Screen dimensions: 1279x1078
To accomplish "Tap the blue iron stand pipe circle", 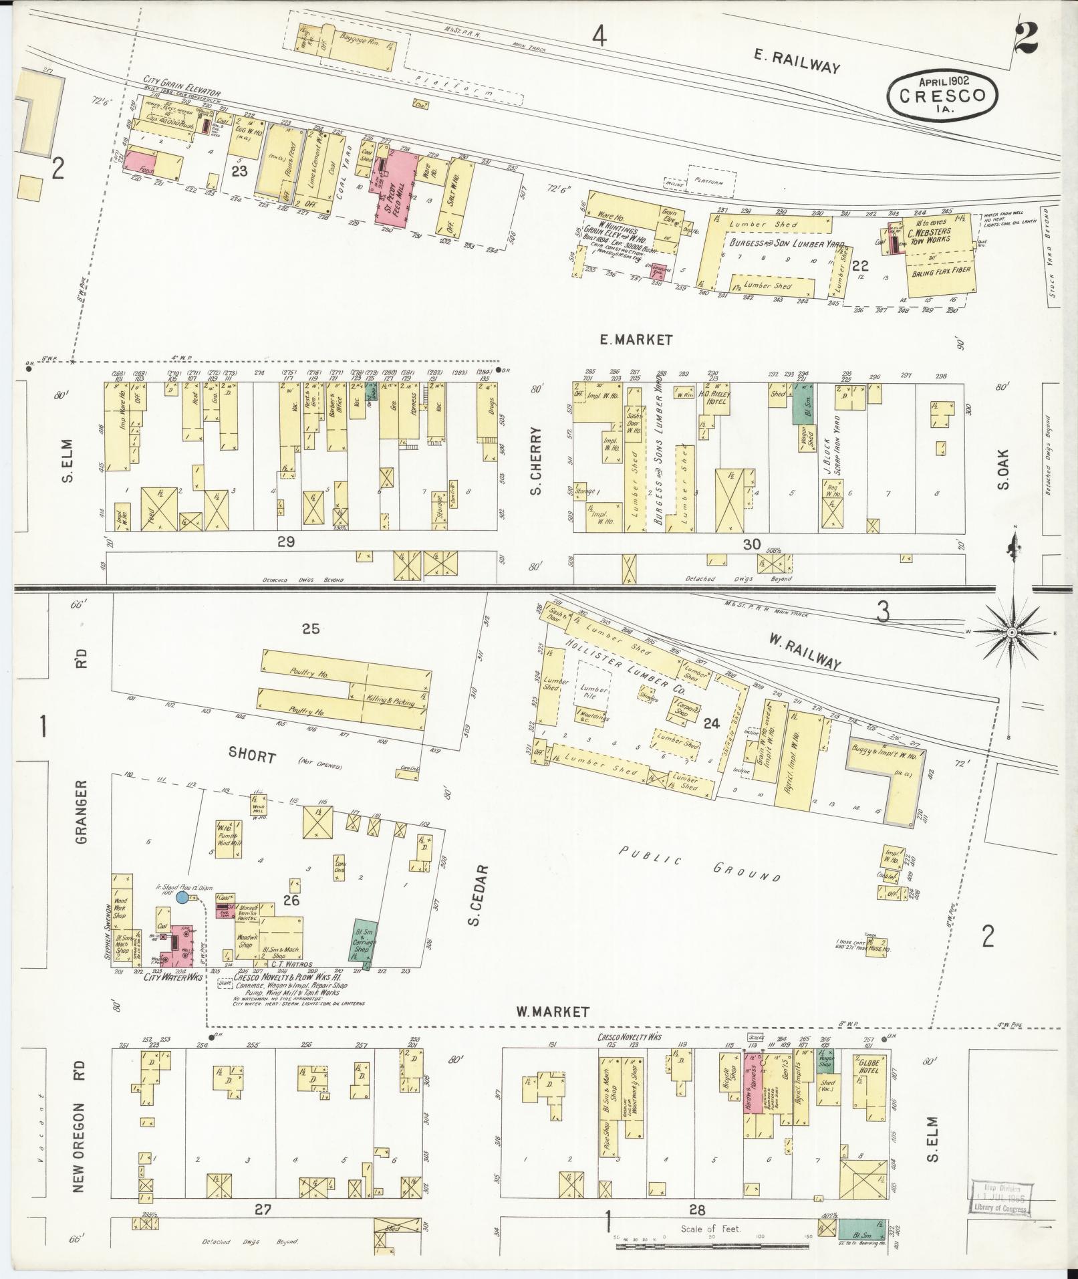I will pos(182,897).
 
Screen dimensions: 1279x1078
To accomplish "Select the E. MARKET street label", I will pos(635,340).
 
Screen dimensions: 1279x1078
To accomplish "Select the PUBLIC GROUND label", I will pos(698,863).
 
